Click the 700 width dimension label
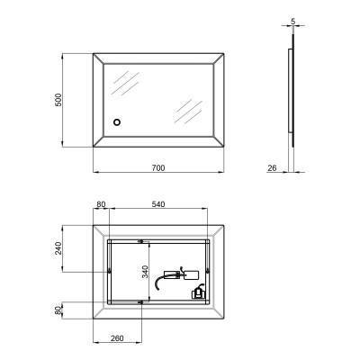pyautogui.click(x=157, y=167)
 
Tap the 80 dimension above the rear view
pyautogui.click(x=101, y=205)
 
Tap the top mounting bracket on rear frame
pyautogui.click(x=140, y=240)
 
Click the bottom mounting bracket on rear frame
pyautogui.click(x=140, y=302)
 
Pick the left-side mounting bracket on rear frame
pyautogui.click(x=109, y=272)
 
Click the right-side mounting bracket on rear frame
pyautogui.click(x=207, y=271)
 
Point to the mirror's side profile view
pyautogui.click(x=291, y=99)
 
